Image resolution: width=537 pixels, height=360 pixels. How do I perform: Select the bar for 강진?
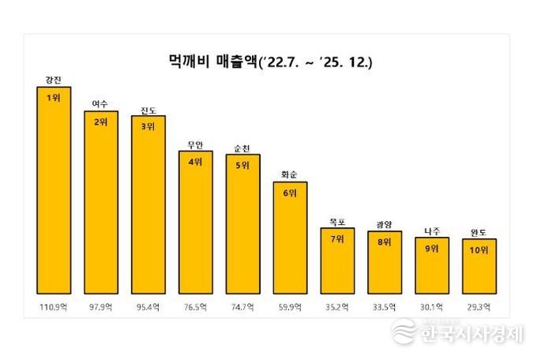(x=54, y=189)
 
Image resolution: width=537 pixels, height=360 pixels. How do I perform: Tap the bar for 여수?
(x=100, y=201)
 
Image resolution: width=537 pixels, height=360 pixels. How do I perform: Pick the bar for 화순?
(x=289, y=237)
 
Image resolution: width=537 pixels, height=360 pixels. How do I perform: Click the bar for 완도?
(x=479, y=265)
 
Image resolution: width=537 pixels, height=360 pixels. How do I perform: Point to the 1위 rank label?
(x=54, y=98)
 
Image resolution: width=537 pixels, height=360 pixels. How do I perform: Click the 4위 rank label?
(x=195, y=162)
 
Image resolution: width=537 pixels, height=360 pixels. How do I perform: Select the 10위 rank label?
(x=479, y=250)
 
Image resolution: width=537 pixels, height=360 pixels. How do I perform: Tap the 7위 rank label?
(x=336, y=239)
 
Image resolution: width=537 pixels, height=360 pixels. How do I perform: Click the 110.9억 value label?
(x=54, y=306)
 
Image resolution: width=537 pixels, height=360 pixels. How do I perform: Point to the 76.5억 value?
(x=195, y=306)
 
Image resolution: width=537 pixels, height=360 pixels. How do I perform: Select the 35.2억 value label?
(x=336, y=306)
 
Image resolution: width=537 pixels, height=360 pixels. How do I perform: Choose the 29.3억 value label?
(x=479, y=306)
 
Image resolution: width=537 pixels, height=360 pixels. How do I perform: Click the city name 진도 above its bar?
(x=148, y=110)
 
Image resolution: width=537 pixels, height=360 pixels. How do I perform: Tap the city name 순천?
(x=242, y=148)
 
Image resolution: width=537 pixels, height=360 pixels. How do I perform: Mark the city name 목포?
(x=336, y=223)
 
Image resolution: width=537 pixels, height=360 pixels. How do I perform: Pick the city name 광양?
(x=384, y=225)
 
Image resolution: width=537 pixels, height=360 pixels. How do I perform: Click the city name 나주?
(x=431, y=231)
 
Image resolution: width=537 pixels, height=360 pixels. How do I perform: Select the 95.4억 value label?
(x=148, y=306)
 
